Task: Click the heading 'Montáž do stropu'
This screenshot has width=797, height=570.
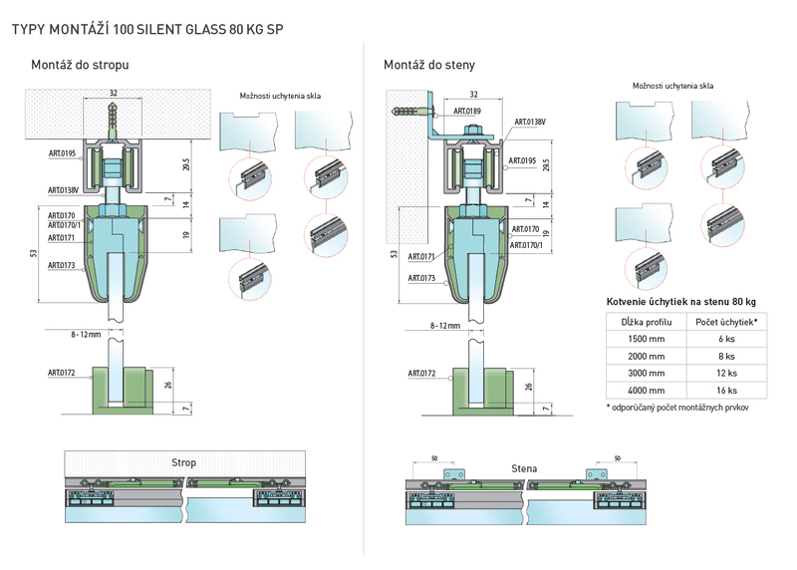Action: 80,65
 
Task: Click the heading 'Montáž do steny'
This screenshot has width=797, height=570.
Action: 429,65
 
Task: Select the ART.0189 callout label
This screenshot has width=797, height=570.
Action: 467,111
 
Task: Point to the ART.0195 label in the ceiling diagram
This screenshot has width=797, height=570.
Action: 62,153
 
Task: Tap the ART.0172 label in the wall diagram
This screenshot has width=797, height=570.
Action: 421,374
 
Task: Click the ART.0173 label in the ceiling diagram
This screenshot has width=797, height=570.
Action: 61,265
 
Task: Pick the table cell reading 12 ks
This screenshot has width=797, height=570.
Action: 726,374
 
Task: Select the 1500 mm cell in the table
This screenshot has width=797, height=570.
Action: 646,339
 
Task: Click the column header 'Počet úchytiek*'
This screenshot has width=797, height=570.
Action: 726,322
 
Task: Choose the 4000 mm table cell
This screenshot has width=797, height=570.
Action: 646,391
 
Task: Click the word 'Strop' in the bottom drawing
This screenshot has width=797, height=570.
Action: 183,462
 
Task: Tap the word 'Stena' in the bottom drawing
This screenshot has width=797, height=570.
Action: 524,468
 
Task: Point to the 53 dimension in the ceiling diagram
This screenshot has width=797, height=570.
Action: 34,253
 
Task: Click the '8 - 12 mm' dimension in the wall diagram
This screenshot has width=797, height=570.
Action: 444,326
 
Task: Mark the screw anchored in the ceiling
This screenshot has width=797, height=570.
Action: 113,120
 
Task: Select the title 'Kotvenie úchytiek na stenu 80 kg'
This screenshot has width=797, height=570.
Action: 681,302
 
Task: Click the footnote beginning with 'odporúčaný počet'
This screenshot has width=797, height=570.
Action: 677,408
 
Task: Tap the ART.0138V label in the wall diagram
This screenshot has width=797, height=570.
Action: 530,122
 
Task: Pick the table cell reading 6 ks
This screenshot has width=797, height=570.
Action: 726,339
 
